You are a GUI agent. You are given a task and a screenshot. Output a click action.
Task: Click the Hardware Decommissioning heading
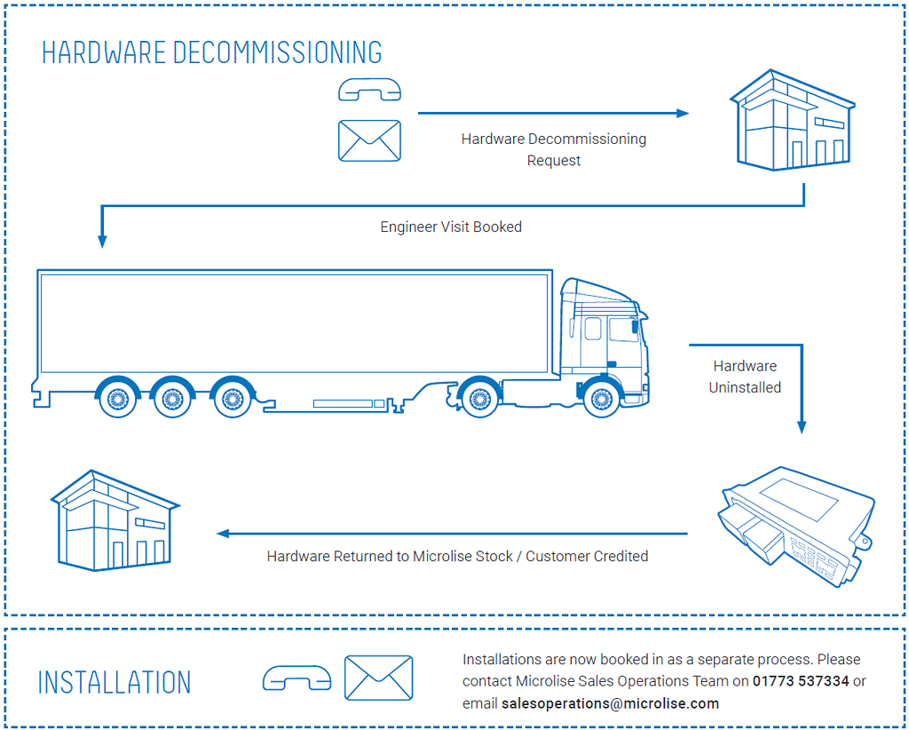tap(212, 52)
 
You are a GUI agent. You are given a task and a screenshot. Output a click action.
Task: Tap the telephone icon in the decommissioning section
tap(369, 89)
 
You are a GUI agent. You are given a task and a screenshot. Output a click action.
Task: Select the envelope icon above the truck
tap(369, 141)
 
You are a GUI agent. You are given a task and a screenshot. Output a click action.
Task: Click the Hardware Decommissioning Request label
tap(554, 149)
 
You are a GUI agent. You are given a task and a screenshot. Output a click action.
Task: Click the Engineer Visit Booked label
tap(451, 226)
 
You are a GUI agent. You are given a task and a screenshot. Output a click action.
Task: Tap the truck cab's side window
tap(623, 329)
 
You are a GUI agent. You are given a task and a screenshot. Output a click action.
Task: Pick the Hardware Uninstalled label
tap(745, 377)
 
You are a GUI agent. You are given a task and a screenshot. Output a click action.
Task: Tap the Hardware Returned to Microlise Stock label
tap(457, 556)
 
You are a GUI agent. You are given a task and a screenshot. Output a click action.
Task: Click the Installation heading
tap(115, 682)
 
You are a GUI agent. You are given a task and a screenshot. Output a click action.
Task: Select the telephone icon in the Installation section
tap(296, 679)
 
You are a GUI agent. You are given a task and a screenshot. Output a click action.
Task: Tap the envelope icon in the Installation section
tap(378, 678)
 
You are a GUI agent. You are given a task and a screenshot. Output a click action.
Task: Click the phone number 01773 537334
tap(801, 681)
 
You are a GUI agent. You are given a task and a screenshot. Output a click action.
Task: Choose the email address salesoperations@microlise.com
tap(610, 703)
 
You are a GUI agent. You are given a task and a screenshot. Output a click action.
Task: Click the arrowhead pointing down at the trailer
tap(102, 241)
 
